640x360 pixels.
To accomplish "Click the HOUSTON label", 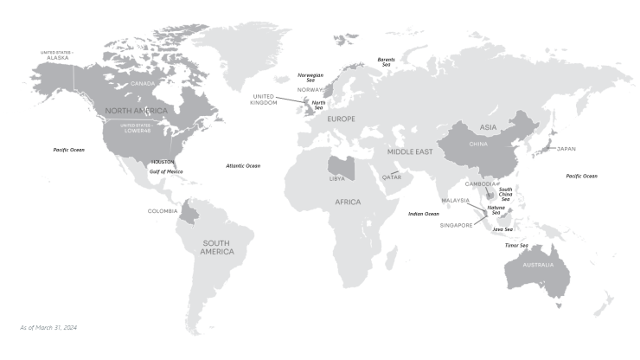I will (163, 162).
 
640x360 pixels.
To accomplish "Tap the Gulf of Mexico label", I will (167, 171).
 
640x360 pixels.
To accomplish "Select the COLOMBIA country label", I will (163, 210).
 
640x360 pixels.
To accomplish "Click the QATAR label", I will (392, 177).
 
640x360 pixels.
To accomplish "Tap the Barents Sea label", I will (386, 61).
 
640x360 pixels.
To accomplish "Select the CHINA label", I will (478, 144).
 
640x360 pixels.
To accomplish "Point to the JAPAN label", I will (566, 149).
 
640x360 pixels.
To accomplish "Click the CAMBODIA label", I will (479, 183).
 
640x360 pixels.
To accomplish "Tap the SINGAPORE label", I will (456, 225).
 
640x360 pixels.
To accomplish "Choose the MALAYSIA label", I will (455, 200).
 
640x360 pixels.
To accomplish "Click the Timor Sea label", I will (516, 245).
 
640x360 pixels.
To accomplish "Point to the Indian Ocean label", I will (424, 213).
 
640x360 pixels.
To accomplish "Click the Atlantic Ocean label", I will (242, 165).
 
